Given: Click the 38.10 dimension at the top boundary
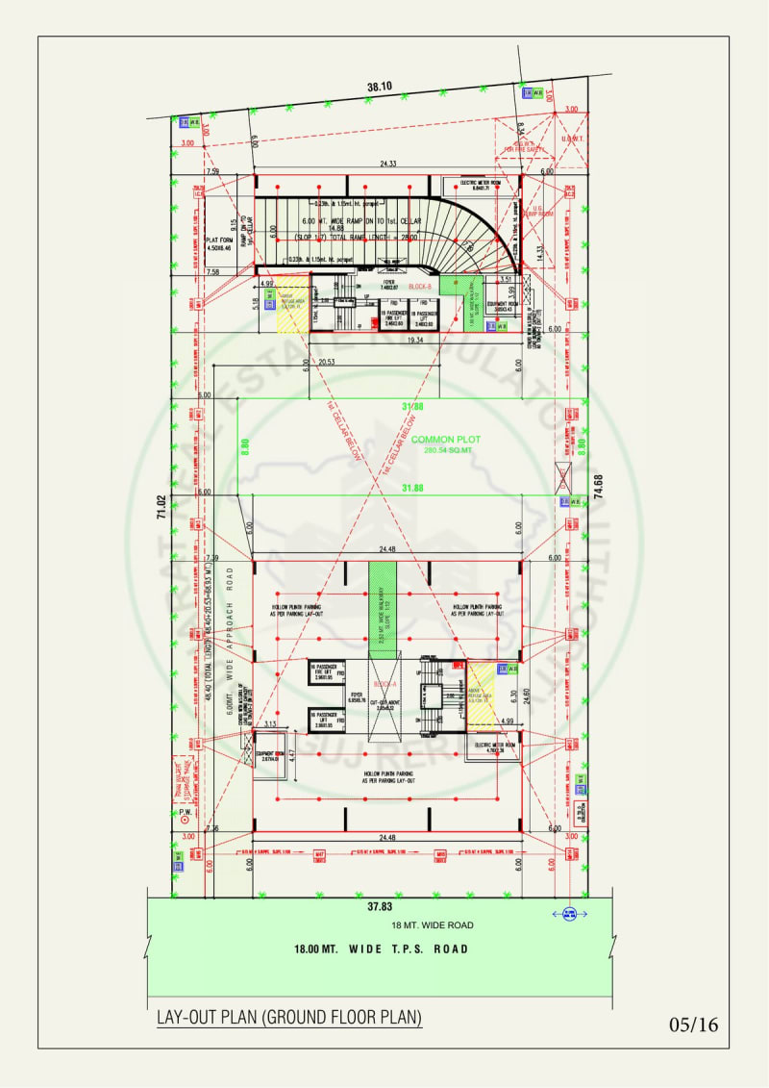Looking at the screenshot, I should pyautogui.click(x=380, y=88).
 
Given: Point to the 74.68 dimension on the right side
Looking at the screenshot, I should pyautogui.click(x=599, y=480).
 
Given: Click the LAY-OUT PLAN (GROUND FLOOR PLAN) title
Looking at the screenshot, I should pyautogui.click(x=289, y=1017).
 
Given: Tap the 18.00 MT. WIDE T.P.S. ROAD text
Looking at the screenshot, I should pyautogui.click(x=382, y=949).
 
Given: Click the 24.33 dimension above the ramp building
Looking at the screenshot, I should pyautogui.click(x=388, y=164).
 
